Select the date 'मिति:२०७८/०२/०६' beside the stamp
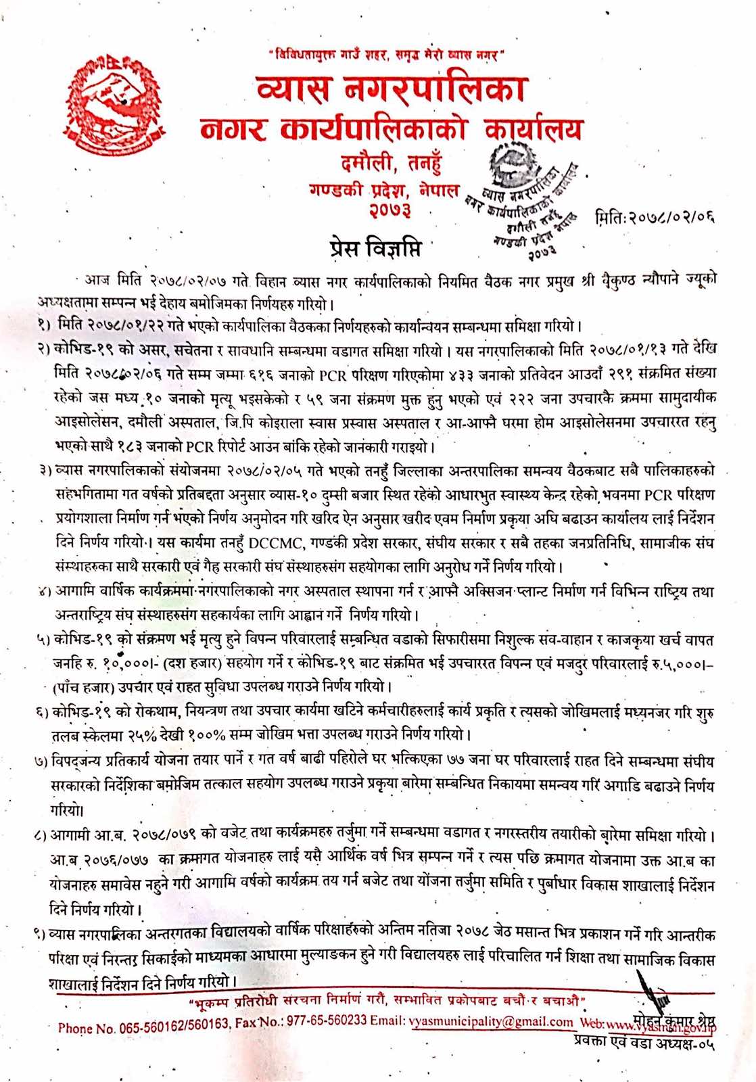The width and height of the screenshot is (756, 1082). (655, 217)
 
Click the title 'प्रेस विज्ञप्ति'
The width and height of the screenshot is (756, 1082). (375, 248)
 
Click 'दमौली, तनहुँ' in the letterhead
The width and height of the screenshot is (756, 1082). (391, 164)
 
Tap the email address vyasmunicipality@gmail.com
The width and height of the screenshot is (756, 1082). (491, 1022)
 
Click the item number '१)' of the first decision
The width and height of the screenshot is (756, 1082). (45, 325)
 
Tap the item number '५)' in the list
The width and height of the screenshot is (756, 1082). (43, 639)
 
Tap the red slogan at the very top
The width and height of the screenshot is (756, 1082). (385, 54)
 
